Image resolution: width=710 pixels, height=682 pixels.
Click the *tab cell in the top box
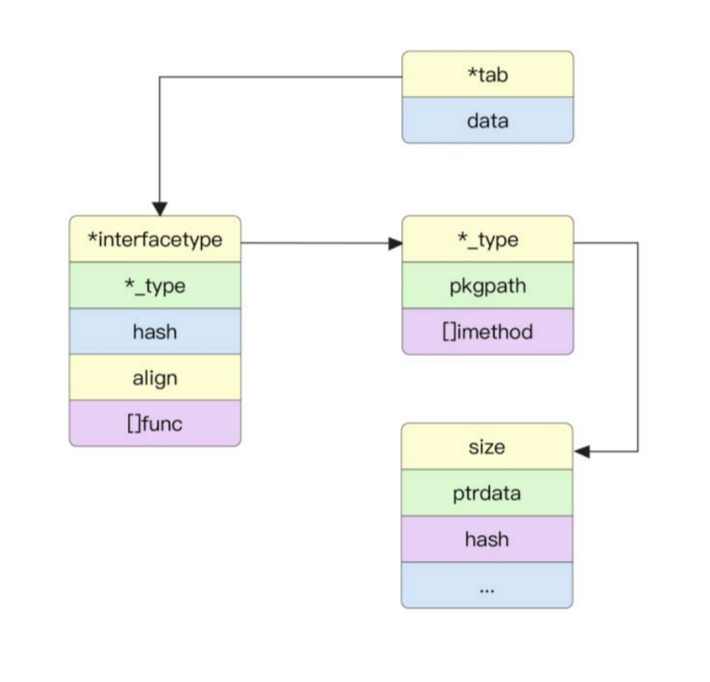tap(487, 74)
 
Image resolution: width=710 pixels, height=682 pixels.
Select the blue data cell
tap(487, 120)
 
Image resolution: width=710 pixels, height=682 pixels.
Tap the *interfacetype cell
tap(155, 239)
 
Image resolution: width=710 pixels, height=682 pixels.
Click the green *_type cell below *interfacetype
tap(155, 286)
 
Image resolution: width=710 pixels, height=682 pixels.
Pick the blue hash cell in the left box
tap(155, 332)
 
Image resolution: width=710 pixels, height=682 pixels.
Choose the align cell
tap(155, 377)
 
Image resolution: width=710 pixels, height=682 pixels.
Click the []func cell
tap(155, 423)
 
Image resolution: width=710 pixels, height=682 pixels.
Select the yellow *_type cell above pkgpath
tap(487, 239)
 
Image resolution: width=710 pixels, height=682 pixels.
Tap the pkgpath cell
tap(487, 286)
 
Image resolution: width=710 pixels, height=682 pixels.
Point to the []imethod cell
tap(487, 332)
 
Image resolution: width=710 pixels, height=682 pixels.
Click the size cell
tap(487, 447)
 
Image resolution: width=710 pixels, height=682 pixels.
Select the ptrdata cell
tap(487, 493)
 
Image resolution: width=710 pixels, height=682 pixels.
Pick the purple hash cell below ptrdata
tap(487, 539)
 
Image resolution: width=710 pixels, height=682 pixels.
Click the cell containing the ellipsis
tap(487, 586)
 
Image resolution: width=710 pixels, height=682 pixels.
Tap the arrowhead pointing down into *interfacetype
tap(160, 208)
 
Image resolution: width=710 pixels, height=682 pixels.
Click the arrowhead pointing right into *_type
tap(395, 243)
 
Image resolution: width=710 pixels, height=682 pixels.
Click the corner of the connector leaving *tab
tap(160, 77)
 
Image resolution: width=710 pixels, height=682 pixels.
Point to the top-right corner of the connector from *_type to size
tap(637, 243)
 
